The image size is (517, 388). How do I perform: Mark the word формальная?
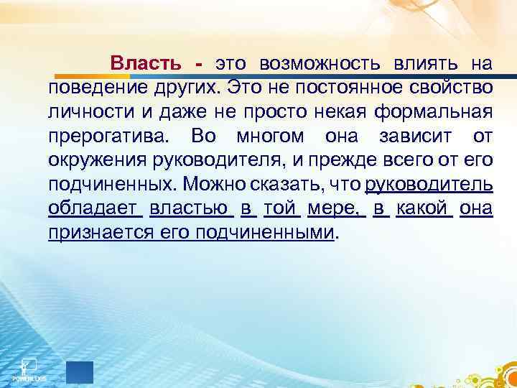pos(441,112)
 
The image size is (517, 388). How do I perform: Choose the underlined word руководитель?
pos(429,185)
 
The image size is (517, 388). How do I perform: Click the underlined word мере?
pos(335,208)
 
